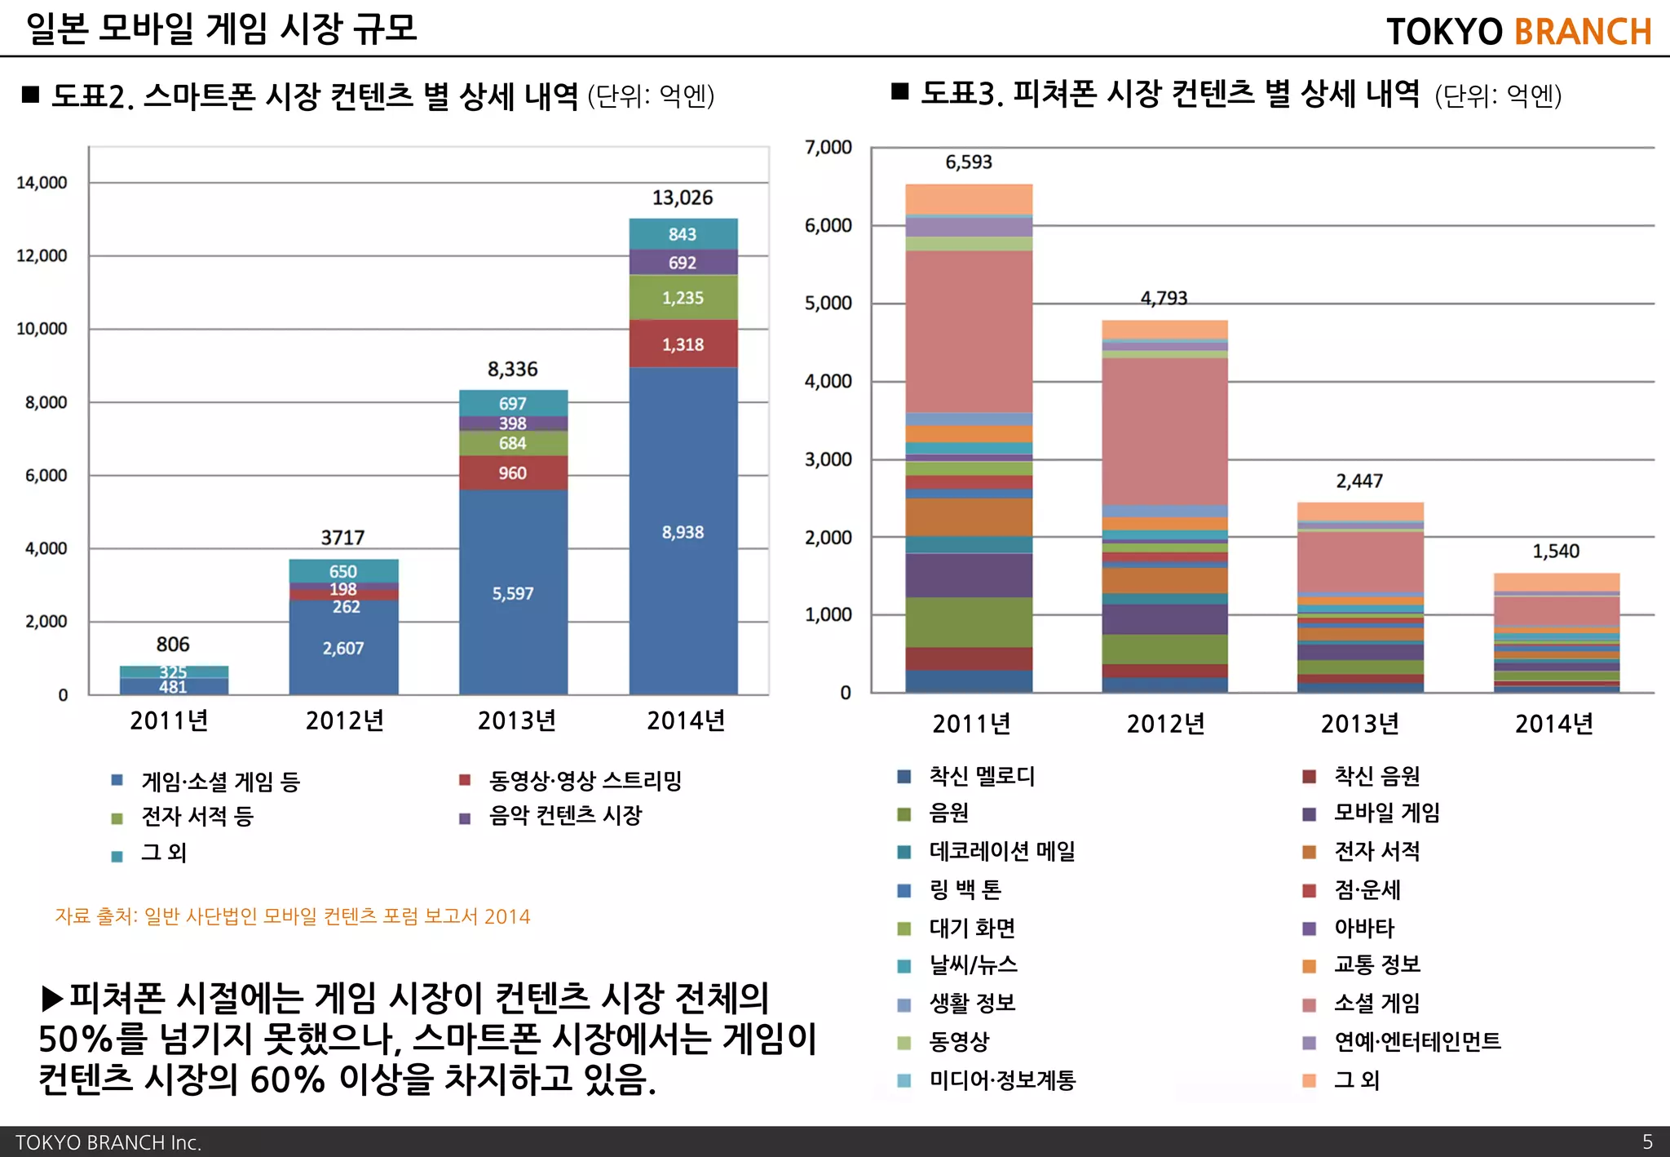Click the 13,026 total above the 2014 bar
coord(682,197)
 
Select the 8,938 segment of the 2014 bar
coord(683,532)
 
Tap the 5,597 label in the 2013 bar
coord(512,593)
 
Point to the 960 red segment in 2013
coord(512,473)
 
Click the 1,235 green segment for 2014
coord(683,298)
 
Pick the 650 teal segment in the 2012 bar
coord(342,571)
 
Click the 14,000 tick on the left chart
coord(42,183)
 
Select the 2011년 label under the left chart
coord(169,720)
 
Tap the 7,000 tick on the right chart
coord(828,148)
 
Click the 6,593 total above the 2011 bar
coord(968,162)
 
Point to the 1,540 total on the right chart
coord(1555,552)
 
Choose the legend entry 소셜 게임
coord(1376,1003)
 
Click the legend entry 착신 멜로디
coord(981,776)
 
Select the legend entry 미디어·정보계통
coord(1002,1080)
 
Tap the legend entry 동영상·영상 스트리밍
coord(584,781)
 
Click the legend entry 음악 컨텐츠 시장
coord(564,815)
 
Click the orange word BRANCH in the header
coord(1582,32)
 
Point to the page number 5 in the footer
coord(1647,1141)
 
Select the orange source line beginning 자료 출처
coord(292,916)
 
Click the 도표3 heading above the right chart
coord(1169,95)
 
